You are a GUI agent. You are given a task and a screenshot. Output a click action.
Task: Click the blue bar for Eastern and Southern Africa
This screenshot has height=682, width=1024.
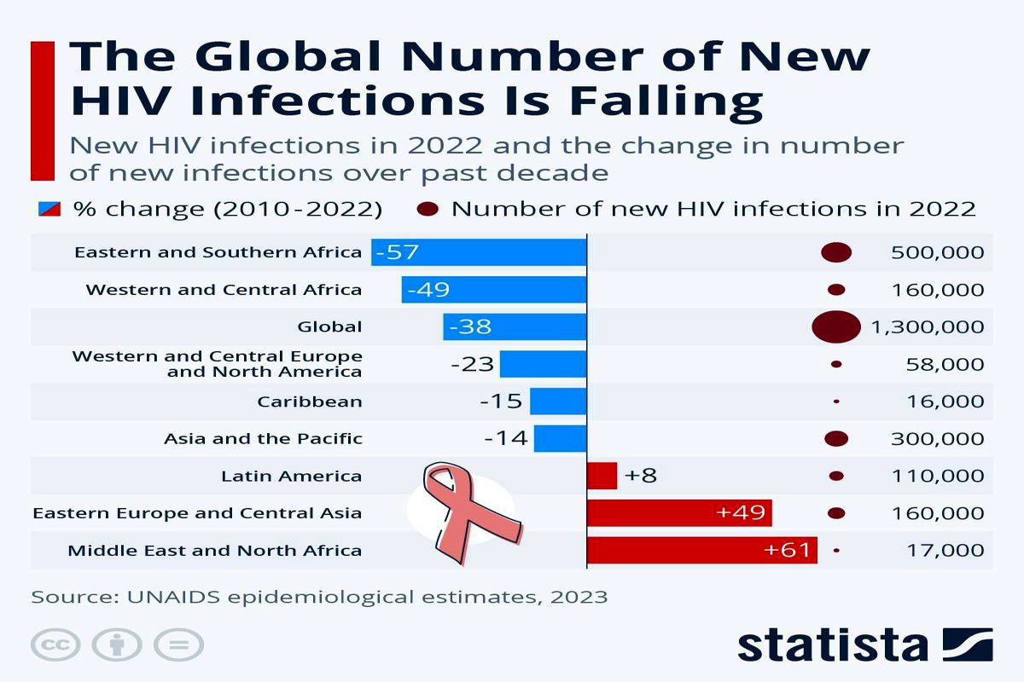point(479,252)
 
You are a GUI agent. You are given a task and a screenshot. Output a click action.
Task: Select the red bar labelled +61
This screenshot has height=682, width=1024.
point(701,551)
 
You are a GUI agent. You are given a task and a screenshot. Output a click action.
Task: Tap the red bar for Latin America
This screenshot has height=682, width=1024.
point(602,476)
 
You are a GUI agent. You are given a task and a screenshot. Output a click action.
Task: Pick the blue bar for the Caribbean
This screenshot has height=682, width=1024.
point(558,402)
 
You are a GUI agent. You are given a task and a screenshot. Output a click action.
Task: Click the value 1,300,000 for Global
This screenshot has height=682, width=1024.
point(928,327)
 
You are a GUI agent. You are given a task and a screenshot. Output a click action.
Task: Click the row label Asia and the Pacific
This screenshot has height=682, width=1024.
point(263,439)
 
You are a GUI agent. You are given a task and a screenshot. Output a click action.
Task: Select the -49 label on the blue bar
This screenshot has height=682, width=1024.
point(428,290)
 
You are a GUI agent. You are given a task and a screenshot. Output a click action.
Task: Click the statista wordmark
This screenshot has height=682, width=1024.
point(832,645)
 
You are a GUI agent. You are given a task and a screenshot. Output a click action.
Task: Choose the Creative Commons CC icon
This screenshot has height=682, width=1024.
point(55,645)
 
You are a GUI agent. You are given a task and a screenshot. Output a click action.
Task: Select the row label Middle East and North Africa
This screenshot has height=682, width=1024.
point(214,551)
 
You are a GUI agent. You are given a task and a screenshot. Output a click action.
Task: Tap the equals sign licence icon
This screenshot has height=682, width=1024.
point(180,645)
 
